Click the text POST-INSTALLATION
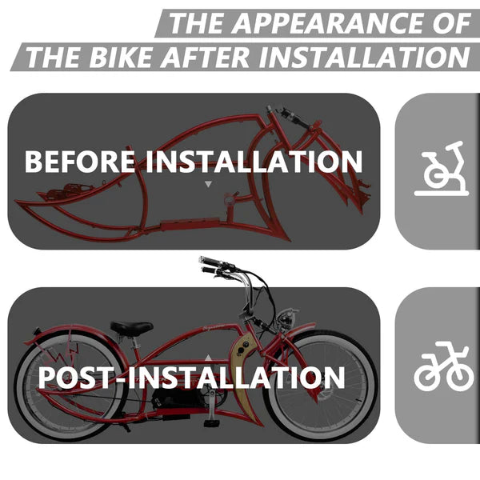pyautogui.click(x=192, y=377)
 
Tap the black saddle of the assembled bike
pyautogui.click(x=132, y=327)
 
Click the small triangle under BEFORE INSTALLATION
pyautogui.click(x=209, y=184)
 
